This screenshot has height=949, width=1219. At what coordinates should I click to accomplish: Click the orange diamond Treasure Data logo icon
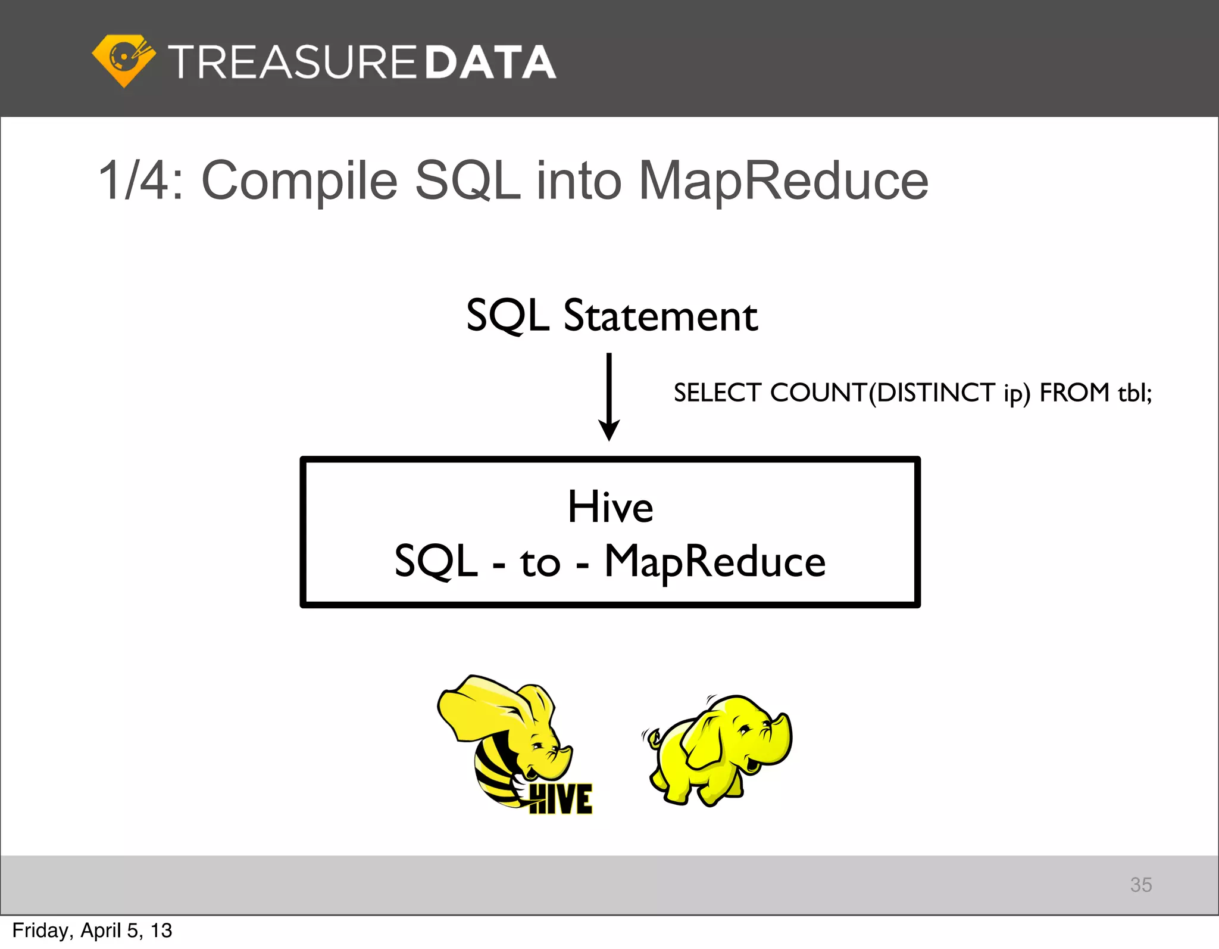pos(124,61)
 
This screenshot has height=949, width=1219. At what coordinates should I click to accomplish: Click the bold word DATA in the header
pos(490,63)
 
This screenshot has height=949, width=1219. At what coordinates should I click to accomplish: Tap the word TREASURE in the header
pos(292,63)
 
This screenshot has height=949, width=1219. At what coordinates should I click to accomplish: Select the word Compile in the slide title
pos(299,181)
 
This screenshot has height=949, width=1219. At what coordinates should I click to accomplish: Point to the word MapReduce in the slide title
pos(783,181)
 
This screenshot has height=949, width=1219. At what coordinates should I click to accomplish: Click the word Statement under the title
pos(661,316)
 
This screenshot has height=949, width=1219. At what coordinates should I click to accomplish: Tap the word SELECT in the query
pos(717,393)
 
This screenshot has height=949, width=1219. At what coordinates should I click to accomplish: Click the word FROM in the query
pos(1074,393)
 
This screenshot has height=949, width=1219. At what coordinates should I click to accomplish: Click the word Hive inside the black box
pos(610,507)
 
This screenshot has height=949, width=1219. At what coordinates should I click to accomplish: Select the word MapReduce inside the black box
pos(715,562)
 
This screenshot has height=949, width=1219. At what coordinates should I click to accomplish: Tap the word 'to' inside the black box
pos(540,563)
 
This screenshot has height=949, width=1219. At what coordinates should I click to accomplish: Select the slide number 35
pos(1140,885)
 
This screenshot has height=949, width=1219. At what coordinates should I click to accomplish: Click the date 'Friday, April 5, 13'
pos(92,931)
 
